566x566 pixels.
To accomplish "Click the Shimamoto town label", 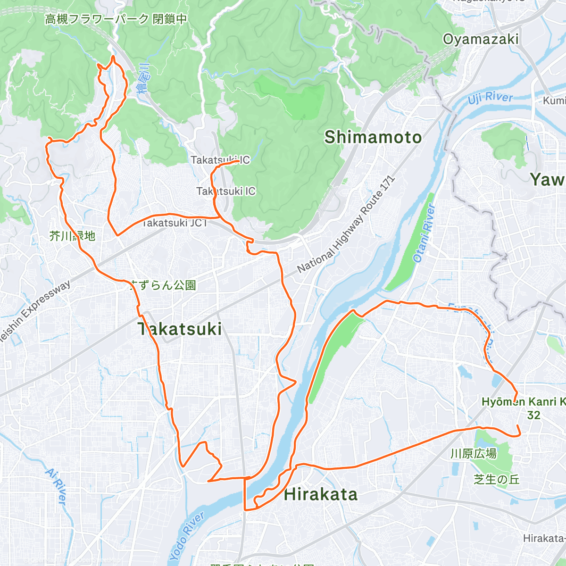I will coord(373,137).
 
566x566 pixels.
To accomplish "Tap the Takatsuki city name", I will coord(180,329).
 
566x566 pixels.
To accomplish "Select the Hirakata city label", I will coord(321,494).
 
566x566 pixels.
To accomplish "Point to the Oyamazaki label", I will coord(481,39).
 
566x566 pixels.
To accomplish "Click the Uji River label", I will coord(490,98).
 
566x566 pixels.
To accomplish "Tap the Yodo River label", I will coord(187,535).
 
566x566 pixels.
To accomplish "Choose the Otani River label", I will coord(424,233).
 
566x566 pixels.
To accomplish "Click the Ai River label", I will coord(55,486).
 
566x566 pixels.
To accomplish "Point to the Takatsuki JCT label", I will coord(175,223).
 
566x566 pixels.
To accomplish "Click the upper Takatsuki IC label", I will coord(220,160).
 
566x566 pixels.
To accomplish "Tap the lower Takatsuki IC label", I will coord(226,191).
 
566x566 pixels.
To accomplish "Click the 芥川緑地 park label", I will coord(73,236).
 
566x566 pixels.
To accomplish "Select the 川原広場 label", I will coord(473,454).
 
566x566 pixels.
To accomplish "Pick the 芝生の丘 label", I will coord(496,479).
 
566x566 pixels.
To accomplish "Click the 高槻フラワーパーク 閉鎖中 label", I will coord(116,19).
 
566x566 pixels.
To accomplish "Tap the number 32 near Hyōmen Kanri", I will coord(533,415).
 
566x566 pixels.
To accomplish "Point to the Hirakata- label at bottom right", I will coord(544,538).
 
